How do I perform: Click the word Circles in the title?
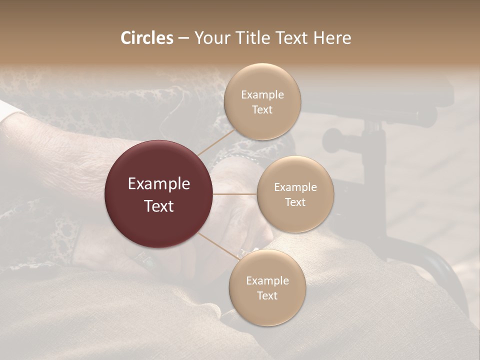(x=147, y=38)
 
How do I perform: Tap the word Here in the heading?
(x=332, y=38)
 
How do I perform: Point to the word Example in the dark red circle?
(x=159, y=184)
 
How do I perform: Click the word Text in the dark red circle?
(x=159, y=205)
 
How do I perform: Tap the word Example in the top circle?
(x=262, y=95)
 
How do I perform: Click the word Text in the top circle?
(x=262, y=110)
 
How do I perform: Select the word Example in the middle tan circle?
(x=295, y=187)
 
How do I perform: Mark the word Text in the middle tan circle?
(x=295, y=202)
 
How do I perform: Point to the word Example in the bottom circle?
(x=267, y=281)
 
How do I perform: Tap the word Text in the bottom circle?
(x=267, y=296)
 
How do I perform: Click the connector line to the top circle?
(x=216, y=142)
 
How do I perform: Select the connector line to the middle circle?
(x=235, y=194)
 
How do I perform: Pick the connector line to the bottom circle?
(x=218, y=246)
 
